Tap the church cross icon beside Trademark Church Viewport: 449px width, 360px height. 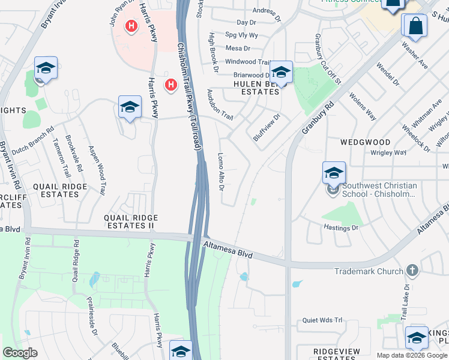point(411,271)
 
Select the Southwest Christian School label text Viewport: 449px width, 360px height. point(379,190)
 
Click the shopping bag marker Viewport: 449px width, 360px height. point(414,26)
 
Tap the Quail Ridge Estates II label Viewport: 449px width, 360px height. point(131,221)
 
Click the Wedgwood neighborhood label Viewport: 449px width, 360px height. point(365,142)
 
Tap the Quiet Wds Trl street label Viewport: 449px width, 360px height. point(322,320)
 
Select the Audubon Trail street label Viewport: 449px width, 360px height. point(220,104)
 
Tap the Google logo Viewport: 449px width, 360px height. point(20,353)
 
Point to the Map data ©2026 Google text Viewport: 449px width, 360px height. point(411,355)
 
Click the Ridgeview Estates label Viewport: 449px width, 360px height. point(336,354)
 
